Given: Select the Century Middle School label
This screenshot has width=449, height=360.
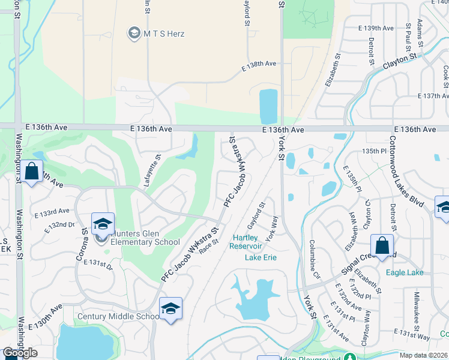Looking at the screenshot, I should pyautogui.click(x=118, y=316).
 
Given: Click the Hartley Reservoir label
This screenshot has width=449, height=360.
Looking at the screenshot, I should pyautogui.click(x=247, y=242).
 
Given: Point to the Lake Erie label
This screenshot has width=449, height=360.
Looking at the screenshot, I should pyautogui.click(x=261, y=258).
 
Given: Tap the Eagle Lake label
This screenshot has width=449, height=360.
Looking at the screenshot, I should pyautogui.click(x=405, y=272).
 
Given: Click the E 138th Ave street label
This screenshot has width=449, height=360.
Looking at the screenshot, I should pyautogui.click(x=259, y=67).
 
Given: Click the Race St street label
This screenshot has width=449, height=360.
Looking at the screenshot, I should pyautogui.click(x=208, y=245).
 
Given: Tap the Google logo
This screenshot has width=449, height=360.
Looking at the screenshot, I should pyautogui.click(x=20, y=353).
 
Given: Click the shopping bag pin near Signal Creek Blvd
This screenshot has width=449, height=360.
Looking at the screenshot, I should pyautogui.click(x=382, y=246).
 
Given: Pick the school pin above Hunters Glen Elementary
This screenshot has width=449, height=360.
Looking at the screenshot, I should pyautogui.click(x=103, y=224).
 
